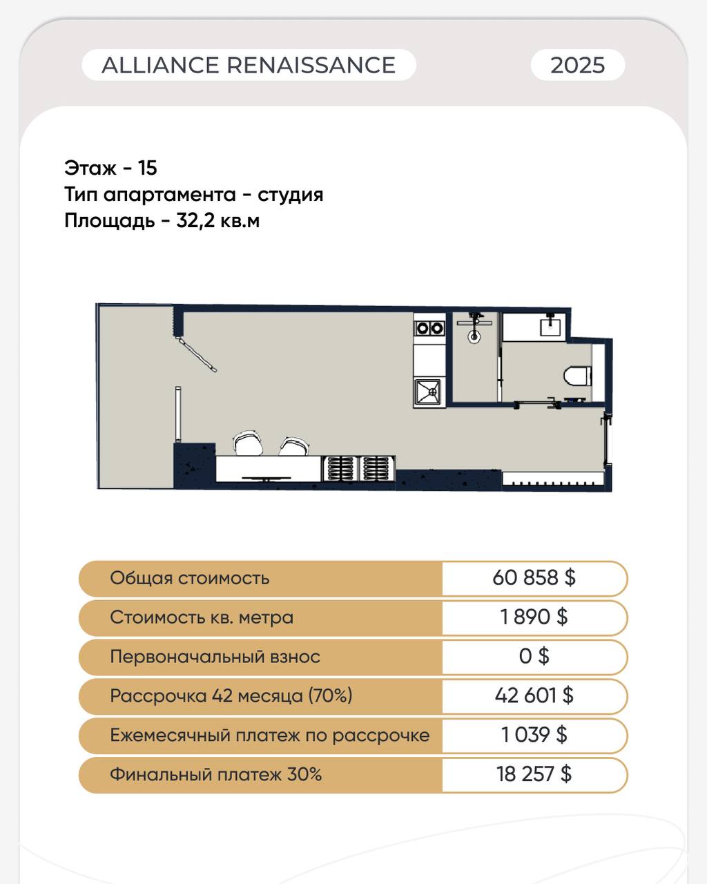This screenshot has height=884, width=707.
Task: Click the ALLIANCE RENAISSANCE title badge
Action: click(x=249, y=65)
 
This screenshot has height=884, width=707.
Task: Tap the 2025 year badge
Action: click(x=578, y=65)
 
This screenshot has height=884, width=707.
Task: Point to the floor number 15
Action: click(x=147, y=168)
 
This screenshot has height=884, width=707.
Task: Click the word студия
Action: click(x=291, y=195)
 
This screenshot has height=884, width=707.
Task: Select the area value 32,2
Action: click(x=195, y=222)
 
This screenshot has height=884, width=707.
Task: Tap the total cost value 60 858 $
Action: click(x=534, y=577)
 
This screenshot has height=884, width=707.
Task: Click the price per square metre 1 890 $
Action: click(x=534, y=617)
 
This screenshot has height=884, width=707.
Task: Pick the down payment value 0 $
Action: click(x=534, y=656)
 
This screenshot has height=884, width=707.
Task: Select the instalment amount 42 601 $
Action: click(x=534, y=695)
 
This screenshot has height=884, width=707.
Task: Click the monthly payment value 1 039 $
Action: click(x=534, y=734)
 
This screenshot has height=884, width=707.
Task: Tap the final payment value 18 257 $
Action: click(x=534, y=774)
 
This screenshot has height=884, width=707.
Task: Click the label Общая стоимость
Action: click(x=190, y=578)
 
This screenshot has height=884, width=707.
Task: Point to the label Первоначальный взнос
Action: click(x=215, y=656)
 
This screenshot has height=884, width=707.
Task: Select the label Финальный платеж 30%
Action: click(x=215, y=774)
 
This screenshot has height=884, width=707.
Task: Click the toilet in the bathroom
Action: click(x=578, y=376)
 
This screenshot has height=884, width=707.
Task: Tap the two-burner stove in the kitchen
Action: click(x=429, y=328)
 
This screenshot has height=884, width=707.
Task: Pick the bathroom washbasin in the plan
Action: click(x=550, y=327)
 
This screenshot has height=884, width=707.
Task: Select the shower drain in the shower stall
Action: click(x=474, y=337)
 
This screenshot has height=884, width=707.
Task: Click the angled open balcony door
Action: click(x=196, y=354)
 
